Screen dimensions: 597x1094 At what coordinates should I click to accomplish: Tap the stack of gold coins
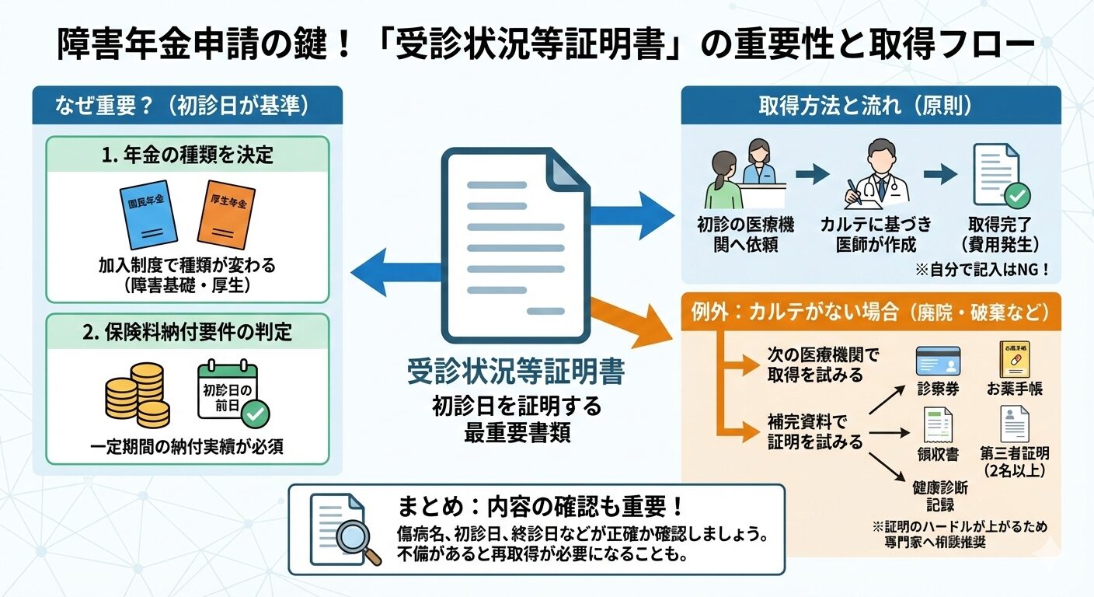[x=137, y=396]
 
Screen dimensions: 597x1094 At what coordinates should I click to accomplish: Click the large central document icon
[x=515, y=245]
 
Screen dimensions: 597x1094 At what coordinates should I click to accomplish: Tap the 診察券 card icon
[x=938, y=361]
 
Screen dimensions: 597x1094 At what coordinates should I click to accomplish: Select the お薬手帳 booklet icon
[x=1016, y=360]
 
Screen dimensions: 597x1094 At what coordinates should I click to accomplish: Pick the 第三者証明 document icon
[x=1015, y=424]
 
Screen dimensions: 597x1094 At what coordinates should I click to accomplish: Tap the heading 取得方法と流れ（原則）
[x=870, y=106]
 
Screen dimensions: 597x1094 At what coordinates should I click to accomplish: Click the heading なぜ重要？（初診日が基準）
[x=187, y=106]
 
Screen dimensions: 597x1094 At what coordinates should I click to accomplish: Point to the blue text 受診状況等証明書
[x=515, y=372]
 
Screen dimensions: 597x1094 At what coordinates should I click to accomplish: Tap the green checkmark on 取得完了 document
[x=1016, y=194]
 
